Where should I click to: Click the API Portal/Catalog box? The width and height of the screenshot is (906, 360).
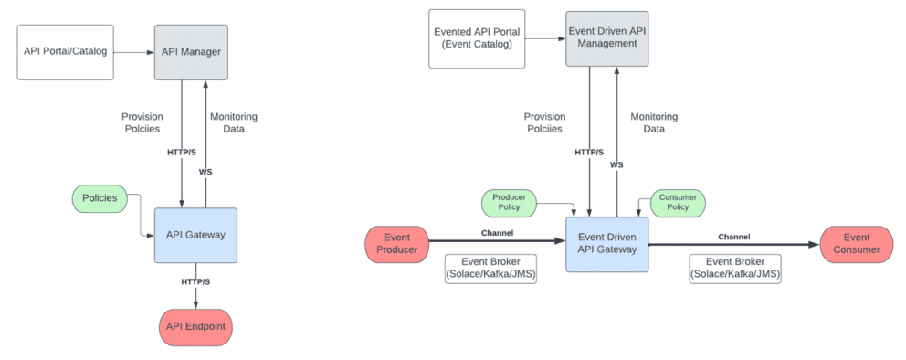[x=65, y=50]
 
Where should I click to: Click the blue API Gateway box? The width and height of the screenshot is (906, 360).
[x=195, y=236]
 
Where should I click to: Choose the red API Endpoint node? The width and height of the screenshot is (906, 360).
[x=195, y=325]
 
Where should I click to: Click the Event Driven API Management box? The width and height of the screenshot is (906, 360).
[x=606, y=37]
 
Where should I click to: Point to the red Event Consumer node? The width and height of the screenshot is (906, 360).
[x=856, y=243]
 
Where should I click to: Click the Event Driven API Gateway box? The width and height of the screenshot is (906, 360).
[x=606, y=243]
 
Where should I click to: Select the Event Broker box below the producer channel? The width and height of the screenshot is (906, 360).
[x=490, y=269]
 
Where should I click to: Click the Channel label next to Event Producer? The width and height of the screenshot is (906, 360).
[x=496, y=233]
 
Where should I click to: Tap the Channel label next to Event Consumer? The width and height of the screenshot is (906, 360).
[x=733, y=236]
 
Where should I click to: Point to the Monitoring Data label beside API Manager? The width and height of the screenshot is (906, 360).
[x=234, y=123]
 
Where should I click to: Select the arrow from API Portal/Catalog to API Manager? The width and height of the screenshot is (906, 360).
[x=133, y=52]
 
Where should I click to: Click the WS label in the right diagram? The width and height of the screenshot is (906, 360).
[x=616, y=164]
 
